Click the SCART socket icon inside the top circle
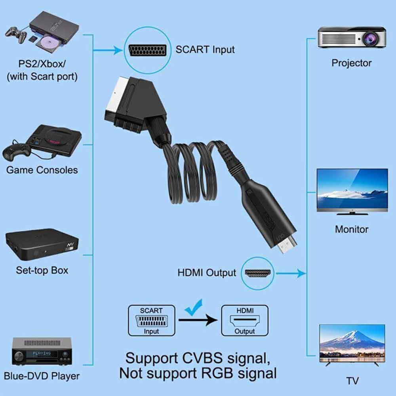[147, 51]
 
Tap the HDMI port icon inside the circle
[258, 273]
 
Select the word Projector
[351, 63]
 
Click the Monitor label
[352, 229]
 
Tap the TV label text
[352, 381]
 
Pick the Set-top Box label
[42, 270]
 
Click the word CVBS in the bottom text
[202, 358]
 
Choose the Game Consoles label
[42, 170]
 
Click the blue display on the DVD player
[42, 354]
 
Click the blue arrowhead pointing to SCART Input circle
[118, 50]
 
